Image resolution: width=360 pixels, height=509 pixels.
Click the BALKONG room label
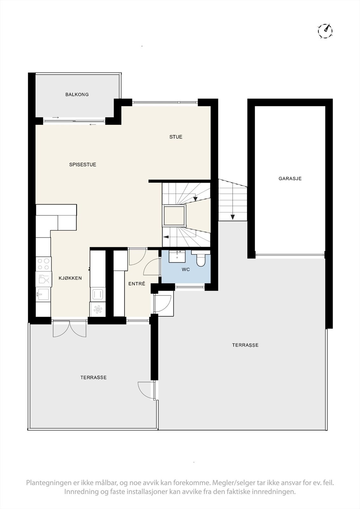point(77,94)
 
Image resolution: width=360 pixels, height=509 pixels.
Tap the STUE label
point(176,137)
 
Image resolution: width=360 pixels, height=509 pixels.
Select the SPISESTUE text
point(83,164)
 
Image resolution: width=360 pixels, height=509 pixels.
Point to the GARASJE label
point(290,178)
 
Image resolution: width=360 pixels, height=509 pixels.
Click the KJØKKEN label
point(70,278)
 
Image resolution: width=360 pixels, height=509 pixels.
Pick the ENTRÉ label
point(137,283)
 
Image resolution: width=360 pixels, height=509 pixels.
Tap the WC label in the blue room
point(186,269)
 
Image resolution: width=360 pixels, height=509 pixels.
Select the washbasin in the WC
point(177,256)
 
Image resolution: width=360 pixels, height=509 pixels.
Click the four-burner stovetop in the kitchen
point(44,264)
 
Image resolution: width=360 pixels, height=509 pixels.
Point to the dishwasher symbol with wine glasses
point(44,279)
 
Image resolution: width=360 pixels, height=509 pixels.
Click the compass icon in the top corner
point(325,31)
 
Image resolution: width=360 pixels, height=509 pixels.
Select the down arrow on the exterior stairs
point(233,217)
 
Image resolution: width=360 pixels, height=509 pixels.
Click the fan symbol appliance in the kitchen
point(98,309)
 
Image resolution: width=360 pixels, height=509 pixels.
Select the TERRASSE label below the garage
point(245,345)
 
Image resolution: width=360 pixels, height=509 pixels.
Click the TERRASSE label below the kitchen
point(93,377)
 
